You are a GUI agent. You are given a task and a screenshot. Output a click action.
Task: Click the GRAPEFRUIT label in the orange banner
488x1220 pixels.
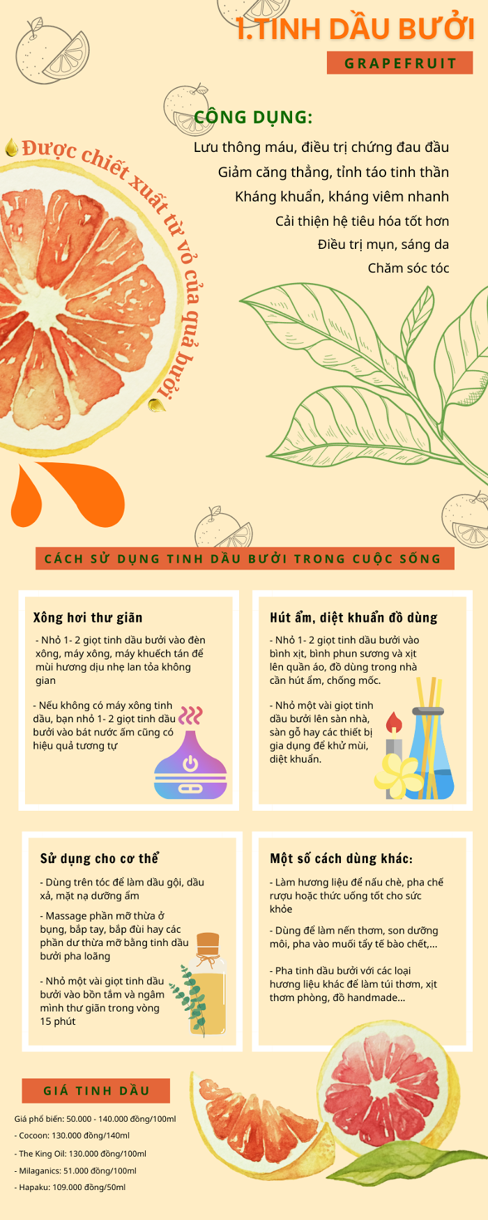400,63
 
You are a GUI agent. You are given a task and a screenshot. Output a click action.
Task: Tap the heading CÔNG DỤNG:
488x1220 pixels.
253,116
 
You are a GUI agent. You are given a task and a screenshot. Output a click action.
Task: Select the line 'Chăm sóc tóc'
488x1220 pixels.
409,268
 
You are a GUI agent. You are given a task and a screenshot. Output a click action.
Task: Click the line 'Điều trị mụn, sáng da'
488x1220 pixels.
383,245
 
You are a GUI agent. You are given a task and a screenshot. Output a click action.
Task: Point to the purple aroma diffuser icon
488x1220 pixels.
190,764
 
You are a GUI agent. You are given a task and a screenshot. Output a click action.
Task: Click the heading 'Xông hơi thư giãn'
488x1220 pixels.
88,618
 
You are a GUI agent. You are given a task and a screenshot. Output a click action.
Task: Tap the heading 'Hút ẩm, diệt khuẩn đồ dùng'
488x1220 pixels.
353,618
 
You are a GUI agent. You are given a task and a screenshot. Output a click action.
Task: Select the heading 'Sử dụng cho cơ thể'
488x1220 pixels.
100,858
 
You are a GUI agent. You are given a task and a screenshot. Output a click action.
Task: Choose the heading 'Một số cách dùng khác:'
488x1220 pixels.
341,858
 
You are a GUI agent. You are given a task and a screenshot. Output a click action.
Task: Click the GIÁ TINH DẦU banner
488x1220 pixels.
96,1090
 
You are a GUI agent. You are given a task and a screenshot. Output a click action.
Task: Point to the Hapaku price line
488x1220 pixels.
70,1187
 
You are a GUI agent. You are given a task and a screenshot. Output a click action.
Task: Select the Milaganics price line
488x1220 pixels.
76,1171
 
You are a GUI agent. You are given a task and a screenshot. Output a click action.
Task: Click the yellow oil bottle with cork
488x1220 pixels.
208,984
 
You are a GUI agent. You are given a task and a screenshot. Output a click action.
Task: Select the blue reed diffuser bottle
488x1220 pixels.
430,754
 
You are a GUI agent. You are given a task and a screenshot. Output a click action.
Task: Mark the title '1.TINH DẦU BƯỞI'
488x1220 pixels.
355,29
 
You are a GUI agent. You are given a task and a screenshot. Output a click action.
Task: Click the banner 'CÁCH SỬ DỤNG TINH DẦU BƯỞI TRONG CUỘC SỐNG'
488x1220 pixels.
245,558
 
